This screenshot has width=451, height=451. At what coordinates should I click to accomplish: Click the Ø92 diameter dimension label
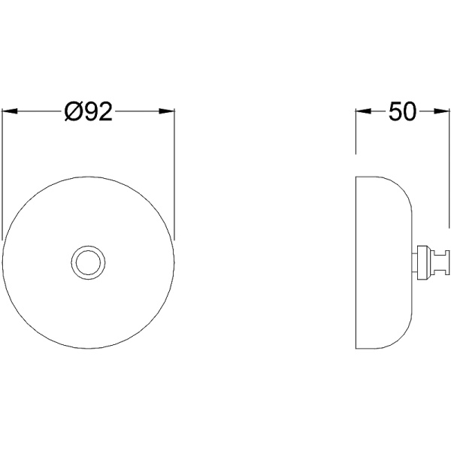[x=88, y=111]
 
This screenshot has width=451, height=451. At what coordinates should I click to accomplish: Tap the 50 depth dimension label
[x=402, y=111]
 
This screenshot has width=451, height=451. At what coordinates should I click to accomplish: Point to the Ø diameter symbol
[x=72, y=111]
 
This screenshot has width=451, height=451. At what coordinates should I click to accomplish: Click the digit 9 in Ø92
[x=88, y=111]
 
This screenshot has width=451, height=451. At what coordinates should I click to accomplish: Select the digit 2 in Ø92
[x=104, y=111]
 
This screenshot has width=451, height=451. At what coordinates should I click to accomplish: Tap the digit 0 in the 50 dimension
[x=410, y=111]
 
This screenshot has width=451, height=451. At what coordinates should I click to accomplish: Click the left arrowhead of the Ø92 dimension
[x=10, y=111]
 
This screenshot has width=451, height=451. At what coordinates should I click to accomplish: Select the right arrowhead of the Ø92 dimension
[x=167, y=111]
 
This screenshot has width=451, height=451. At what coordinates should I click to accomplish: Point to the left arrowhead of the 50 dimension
[x=364, y=111]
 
